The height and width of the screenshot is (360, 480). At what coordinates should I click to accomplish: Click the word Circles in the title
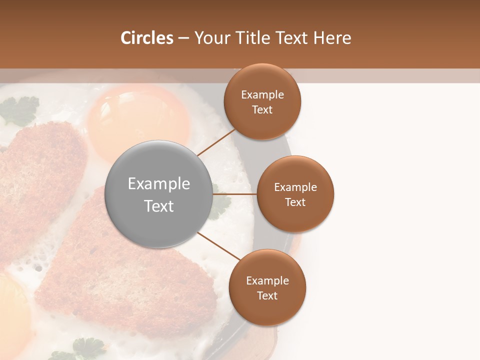tap(146, 38)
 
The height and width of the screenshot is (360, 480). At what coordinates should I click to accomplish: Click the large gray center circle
tap(158, 194)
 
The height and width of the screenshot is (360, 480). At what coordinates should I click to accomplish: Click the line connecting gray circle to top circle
tap(216, 142)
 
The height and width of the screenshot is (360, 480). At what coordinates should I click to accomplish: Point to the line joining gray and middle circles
tap(235, 194)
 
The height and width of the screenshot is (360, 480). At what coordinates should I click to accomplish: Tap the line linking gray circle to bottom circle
tap(218, 246)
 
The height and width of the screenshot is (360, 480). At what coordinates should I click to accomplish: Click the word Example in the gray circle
tap(158, 184)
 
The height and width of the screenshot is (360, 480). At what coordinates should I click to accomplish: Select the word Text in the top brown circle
tap(262, 110)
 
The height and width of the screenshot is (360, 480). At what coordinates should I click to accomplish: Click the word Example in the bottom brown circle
tap(267, 280)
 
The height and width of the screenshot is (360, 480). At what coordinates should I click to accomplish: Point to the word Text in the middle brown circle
tap(295, 202)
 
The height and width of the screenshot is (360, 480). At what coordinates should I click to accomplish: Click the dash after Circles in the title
tap(183, 38)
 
